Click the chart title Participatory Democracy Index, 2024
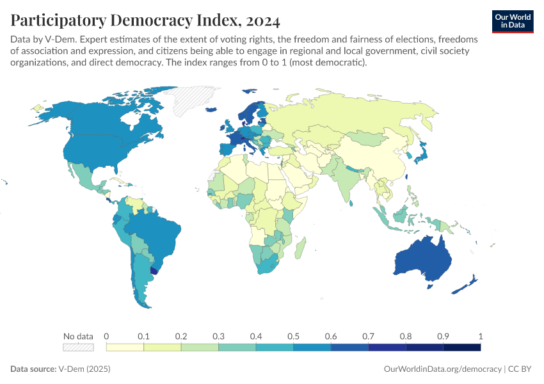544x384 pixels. click(x=145, y=20)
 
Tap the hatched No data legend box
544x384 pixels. click(x=78, y=347)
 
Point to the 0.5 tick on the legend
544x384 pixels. click(x=293, y=336)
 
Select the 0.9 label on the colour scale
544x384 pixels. click(x=443, y=336)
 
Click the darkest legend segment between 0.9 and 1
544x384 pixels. click(x=461, y=347)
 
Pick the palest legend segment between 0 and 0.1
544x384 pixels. click(x=125, y=347)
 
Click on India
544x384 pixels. click(x=346, y=182)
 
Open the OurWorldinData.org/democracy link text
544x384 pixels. click(x=442, y=369)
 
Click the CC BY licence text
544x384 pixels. click(x=521, y=369)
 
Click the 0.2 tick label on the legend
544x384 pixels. click(x=181, y=336)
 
